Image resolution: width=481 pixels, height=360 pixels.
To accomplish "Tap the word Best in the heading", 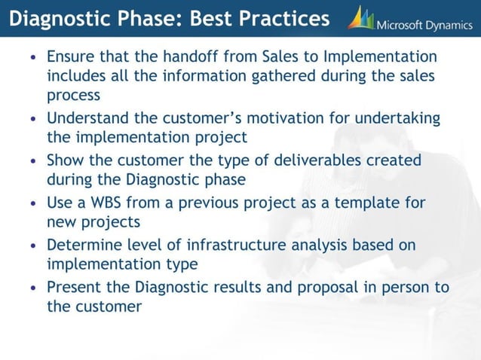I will coord(207,18).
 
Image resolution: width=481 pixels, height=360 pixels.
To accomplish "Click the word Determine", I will coord(83,245).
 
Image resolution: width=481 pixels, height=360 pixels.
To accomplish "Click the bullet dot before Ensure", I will coord(32,58).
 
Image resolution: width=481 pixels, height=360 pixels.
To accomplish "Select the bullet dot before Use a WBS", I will coord(32,203).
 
